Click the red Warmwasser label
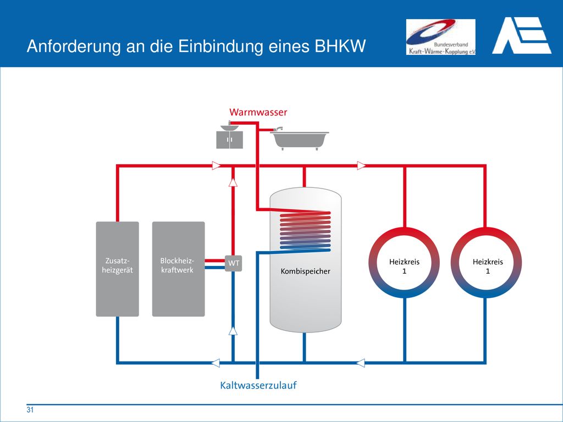[258, 112]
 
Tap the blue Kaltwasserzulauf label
[258, 385]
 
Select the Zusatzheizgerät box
[118, 269]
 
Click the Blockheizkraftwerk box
[179, 269]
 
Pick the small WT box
[234, 263]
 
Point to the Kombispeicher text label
[306, 271]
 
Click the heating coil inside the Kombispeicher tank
[305, 230]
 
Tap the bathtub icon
[300, 140]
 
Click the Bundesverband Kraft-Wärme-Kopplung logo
[440, 37]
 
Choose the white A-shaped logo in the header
[522, 36]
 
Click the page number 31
[30, 410]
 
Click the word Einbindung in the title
[220, 46]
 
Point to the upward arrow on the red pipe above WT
[233, 182]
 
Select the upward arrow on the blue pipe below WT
[233, 331]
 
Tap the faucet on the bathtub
[278, 129]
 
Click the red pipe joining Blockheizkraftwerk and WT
[215, 260]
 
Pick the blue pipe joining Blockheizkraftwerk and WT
[215, 267]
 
